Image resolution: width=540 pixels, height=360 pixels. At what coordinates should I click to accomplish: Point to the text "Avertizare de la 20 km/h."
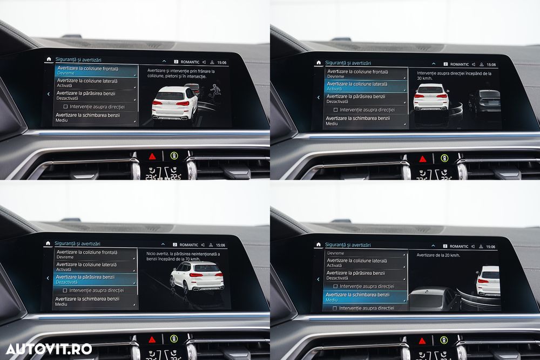pos(438,255)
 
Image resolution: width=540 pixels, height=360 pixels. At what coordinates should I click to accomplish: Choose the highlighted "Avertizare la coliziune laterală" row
pos(366,86)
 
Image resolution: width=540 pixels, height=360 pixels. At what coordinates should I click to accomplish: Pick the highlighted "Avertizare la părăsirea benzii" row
pos(95,279)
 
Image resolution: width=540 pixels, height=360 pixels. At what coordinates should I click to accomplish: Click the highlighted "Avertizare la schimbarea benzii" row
pos(366,297)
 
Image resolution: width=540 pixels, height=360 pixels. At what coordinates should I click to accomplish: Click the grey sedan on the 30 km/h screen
pos(485,100)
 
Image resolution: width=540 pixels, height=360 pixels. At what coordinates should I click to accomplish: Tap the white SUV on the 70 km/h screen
pos(198,276)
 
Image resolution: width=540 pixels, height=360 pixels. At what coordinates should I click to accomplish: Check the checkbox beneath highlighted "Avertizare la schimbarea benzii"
pos(335,308)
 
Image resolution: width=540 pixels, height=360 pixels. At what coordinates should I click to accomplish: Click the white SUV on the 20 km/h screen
pos(489,281)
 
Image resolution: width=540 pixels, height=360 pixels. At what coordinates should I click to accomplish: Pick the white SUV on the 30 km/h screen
pos(431,98)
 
